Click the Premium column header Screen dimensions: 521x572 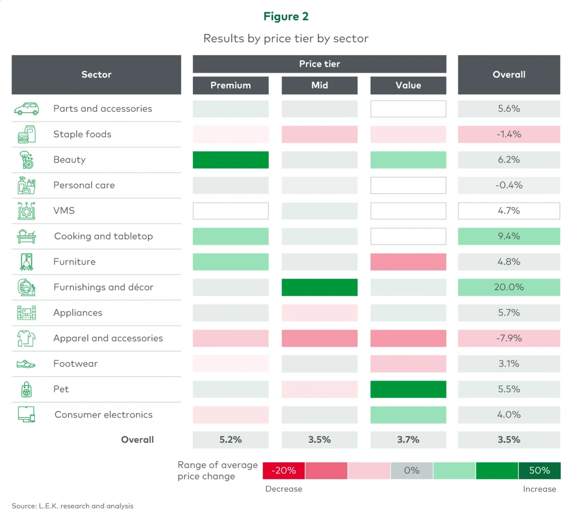[x=231, y=85]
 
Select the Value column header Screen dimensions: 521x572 [x=408, y=85]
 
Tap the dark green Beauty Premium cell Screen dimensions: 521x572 [x=231, y=160]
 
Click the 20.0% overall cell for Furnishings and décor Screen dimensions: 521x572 [x=509, y=287]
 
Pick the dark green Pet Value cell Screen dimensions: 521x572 [x=408, y=389]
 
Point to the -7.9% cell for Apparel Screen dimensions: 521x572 [x=509, y=338]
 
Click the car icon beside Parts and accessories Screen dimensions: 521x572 [x=26, y=109]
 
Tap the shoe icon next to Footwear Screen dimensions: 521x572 [x=26, y=364]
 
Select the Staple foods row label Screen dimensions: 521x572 [x=82, y=134]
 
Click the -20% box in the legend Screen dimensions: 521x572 [x=284, y=470]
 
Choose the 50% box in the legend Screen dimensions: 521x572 [x=539, y=470]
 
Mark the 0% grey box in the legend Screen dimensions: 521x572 [x=411, y=470]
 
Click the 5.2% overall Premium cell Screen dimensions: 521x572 [x=231, y=440]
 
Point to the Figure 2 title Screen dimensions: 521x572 [x=286, y=16]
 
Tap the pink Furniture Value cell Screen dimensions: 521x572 [x=408, y=262]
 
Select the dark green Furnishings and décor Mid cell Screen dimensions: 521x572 [x=319, y=287]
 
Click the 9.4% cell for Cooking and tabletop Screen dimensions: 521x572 [x=509, y=236]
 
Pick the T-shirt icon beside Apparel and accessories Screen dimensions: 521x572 [x=26, y=338]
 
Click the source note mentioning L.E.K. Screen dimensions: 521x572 [x=73, y=506]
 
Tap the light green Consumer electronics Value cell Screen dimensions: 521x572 [x=408, y=415]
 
